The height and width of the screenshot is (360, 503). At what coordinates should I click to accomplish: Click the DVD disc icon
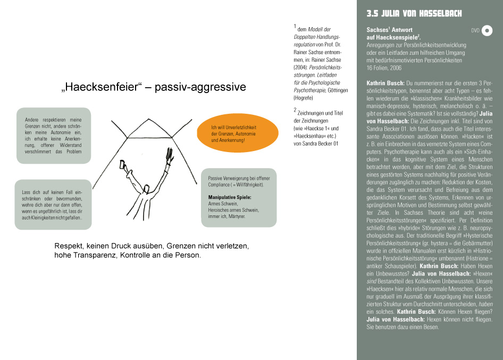tap(487, 31)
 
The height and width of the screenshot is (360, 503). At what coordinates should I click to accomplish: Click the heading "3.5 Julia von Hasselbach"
tap(414, 13)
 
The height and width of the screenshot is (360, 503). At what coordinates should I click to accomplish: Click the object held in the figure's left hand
tap(123, 165)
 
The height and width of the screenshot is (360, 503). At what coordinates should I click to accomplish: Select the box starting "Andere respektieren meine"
tap(53, 135)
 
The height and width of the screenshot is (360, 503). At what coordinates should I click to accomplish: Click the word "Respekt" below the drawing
tap(70, 247)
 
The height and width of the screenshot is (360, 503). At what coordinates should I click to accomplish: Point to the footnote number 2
tap(295, 111)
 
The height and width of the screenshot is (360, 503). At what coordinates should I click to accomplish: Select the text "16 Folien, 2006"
tap(384, 68)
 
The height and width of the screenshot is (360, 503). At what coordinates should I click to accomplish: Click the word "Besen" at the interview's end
tap(429, 326)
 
